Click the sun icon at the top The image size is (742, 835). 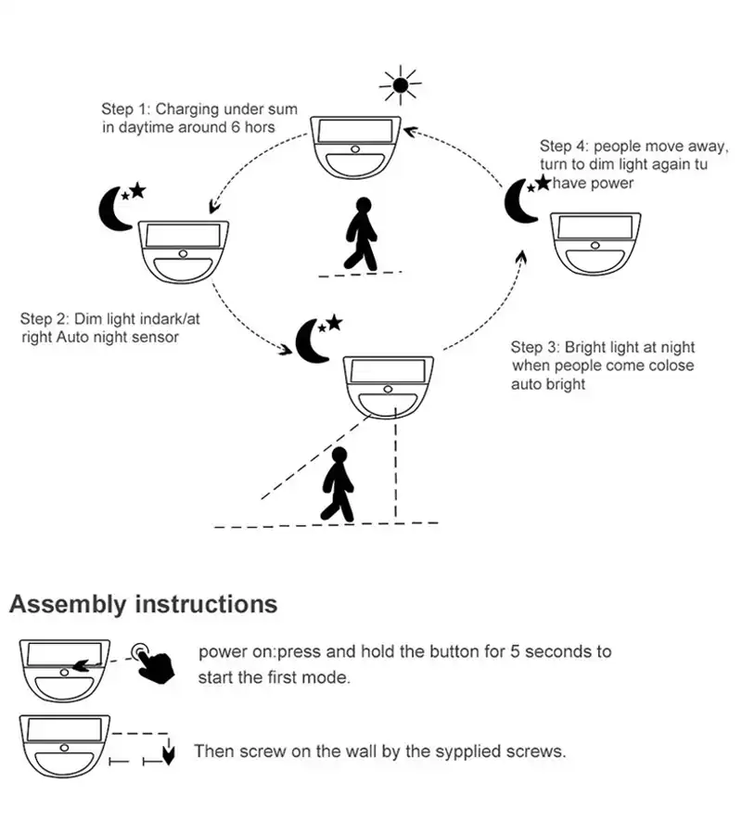point(401,86)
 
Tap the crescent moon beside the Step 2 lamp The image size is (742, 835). point(113,209)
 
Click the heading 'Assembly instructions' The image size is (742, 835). point(143,605)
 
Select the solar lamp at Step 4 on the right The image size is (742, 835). point(593,243)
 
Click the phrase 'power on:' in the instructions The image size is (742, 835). point(234,651)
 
